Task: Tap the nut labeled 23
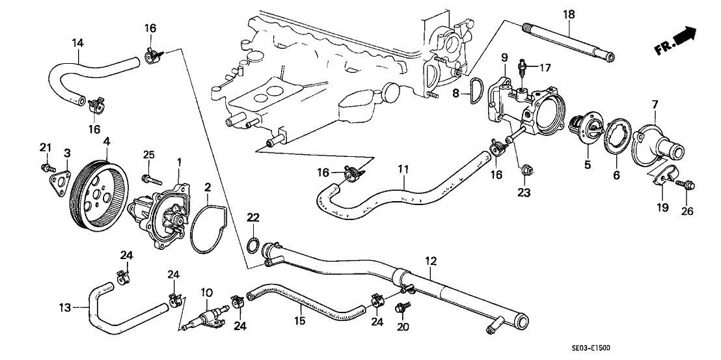527,171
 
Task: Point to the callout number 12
430,262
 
